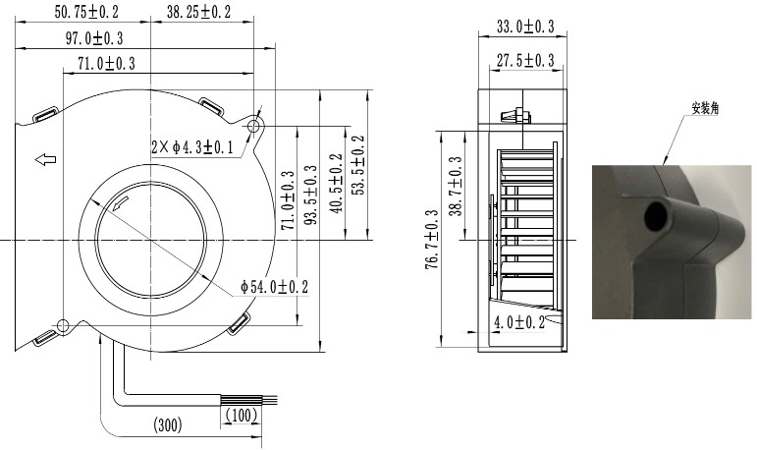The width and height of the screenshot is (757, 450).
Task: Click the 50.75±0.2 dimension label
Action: tap(86, 12)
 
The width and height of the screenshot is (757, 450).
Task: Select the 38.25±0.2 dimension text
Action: tap(199, 12)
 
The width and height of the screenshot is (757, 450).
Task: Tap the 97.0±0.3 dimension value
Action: tap(94, 38)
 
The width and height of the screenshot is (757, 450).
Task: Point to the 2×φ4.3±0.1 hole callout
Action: tap(192, 147)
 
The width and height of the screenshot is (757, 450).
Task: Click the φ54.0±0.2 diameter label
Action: tap(274, 287)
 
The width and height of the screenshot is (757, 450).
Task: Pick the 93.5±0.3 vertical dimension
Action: tap(311, 195)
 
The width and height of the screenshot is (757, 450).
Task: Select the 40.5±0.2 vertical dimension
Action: tap(336, 183)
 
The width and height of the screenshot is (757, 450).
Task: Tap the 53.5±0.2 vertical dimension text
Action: tap(357, 165)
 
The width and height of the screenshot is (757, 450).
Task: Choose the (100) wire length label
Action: tap(242, 415)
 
